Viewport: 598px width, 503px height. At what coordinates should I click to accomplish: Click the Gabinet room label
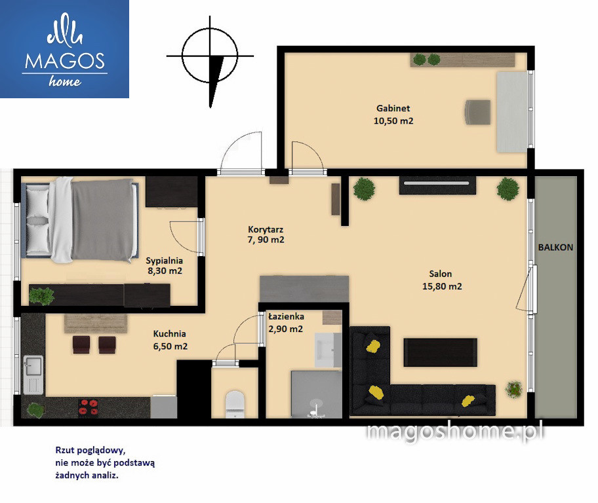[393, 108]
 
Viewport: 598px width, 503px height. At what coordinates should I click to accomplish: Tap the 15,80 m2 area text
[442, 287]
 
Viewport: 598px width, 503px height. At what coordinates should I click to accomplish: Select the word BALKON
[555, 248]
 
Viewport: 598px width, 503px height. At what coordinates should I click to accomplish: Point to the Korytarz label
[266, 229]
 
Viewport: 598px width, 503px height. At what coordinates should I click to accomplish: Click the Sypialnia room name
[165, 261]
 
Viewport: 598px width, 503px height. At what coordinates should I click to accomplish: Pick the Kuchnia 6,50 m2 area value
[170, 346]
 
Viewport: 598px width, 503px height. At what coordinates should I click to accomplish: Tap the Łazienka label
[286, 316]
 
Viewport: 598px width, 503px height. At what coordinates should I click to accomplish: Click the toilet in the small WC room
[235, 404]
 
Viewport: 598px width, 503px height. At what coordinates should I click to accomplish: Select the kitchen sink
[33, 375]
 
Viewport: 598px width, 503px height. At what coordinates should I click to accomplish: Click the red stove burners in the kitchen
[89, 407]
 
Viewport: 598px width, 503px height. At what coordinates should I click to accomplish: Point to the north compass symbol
[210, 61]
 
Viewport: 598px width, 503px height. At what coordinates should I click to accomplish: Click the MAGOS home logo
[64, 48]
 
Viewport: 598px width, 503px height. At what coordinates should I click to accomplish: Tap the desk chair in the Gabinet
[478, 112]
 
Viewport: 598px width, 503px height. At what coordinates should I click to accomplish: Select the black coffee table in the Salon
[440, 352]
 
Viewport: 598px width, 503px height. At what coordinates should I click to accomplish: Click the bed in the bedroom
[80, 220]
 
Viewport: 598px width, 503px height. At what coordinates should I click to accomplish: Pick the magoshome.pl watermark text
[455, 433]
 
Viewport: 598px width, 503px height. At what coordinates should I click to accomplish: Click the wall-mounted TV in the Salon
[437, 185]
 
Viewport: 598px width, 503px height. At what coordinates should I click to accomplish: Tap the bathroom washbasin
[328, 350]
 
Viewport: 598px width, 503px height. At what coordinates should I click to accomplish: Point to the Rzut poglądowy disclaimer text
[105, 462]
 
